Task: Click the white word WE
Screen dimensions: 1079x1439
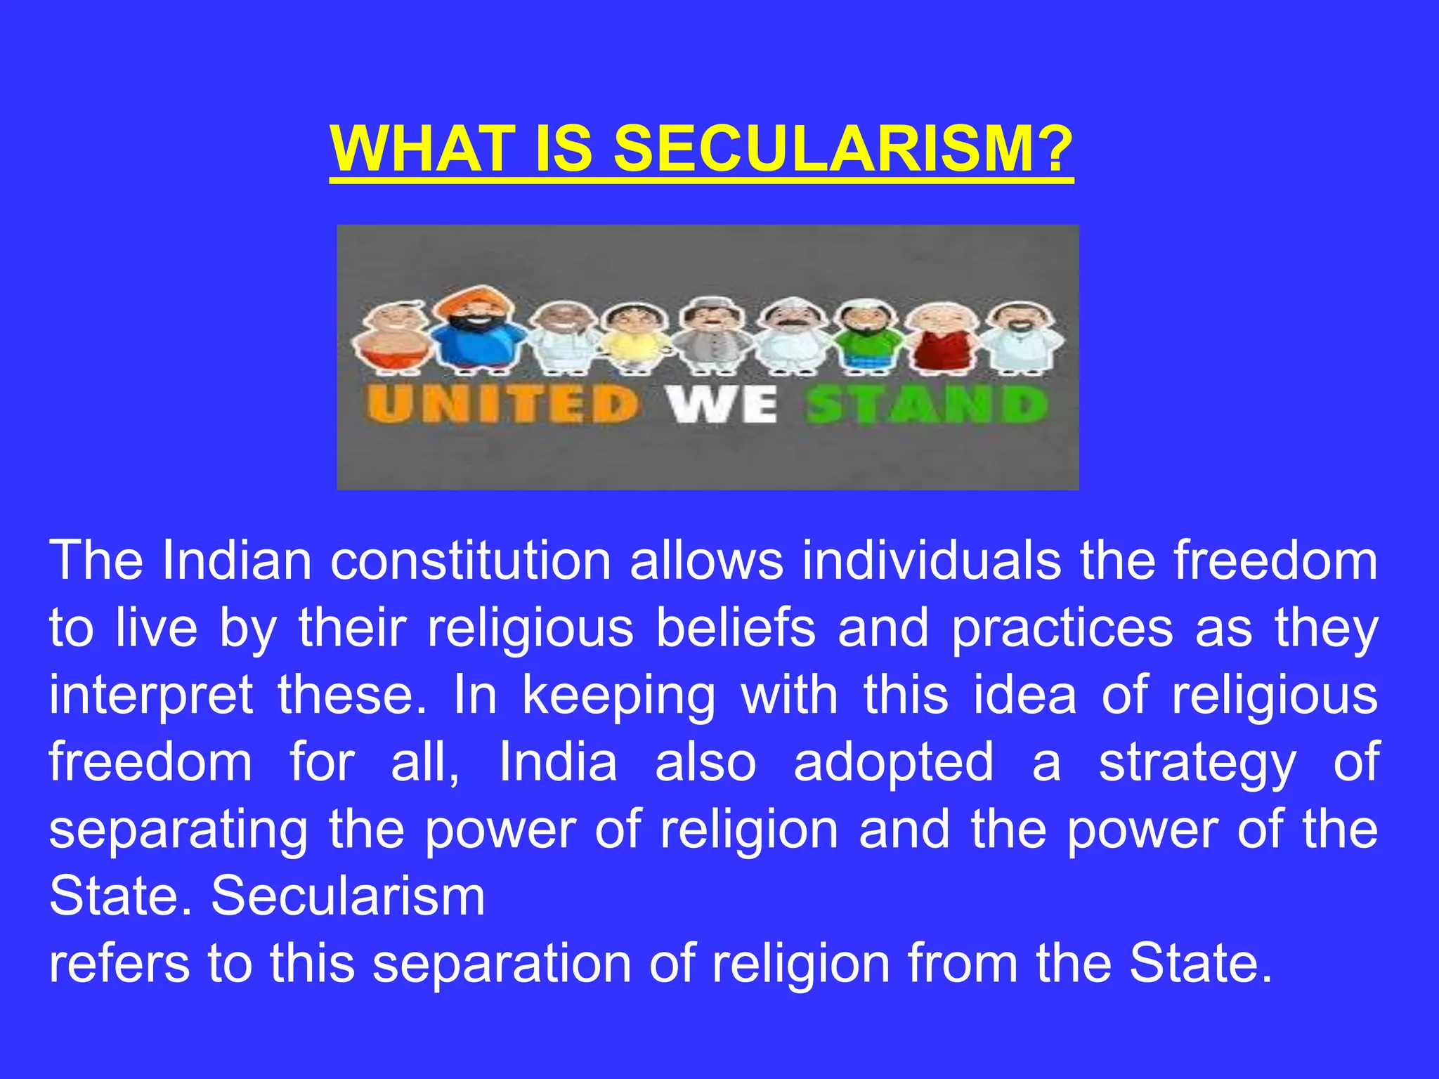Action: pos(722,405)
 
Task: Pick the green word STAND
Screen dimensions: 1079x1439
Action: pos(927,405)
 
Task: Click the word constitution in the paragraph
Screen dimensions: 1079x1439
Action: pos(471,561)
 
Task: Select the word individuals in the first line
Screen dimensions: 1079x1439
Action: pos(932,561)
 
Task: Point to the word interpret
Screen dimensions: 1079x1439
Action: pos(151,695)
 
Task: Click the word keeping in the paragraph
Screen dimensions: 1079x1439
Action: pos(618,695)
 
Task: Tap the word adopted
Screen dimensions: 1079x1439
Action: pos(894,762)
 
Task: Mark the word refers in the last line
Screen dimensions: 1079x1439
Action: pos(119,963)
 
